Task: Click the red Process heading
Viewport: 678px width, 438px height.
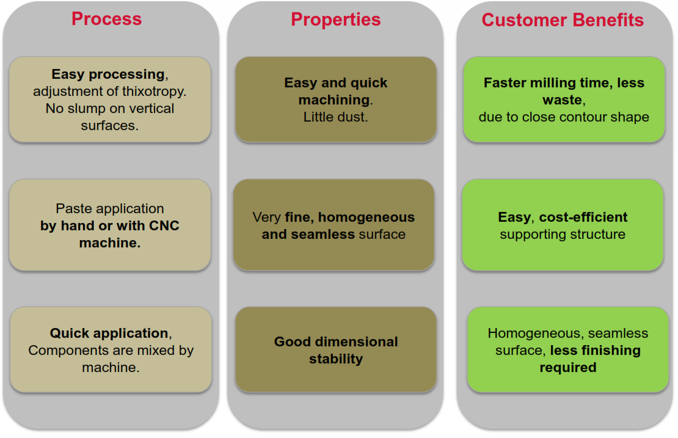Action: [106, 19]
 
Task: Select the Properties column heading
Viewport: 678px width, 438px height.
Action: [335, 20]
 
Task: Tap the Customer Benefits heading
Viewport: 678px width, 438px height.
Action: [563, 20]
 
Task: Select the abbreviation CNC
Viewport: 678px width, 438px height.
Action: [164, 225]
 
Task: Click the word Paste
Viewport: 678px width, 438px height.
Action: [71, 208]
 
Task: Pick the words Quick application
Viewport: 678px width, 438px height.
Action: [109, 333]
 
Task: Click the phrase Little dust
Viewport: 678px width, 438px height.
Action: [335, 117]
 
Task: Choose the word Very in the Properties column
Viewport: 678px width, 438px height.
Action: [267, 217]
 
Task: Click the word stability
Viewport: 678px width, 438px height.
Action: [336, 359]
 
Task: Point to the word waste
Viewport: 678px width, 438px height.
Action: [562, 100]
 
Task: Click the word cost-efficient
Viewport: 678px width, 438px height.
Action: [583, 217]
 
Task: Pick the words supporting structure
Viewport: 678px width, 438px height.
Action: [563, 235]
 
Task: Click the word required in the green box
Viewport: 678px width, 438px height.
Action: [567, 368]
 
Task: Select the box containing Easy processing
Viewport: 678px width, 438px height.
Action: [110, 100]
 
